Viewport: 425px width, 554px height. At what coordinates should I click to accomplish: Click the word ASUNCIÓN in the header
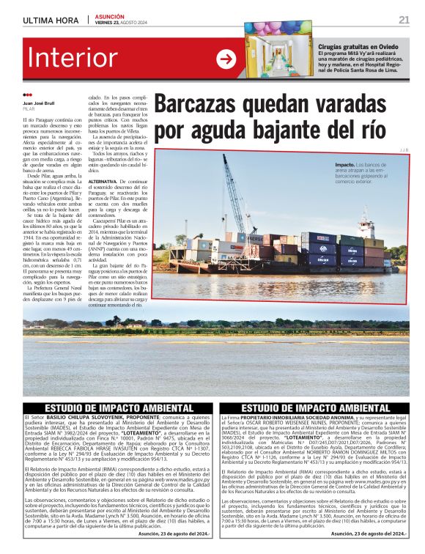click(110, 16)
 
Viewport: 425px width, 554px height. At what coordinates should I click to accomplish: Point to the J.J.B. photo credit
click(402, 150)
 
